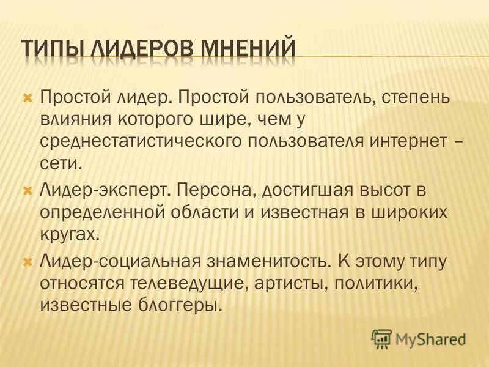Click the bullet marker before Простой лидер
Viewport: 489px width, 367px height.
coord(26,97)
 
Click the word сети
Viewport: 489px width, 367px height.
coord(59,162)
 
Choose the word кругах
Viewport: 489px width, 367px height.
coord(68,234)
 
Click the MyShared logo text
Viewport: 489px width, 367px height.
coord(430,338)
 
